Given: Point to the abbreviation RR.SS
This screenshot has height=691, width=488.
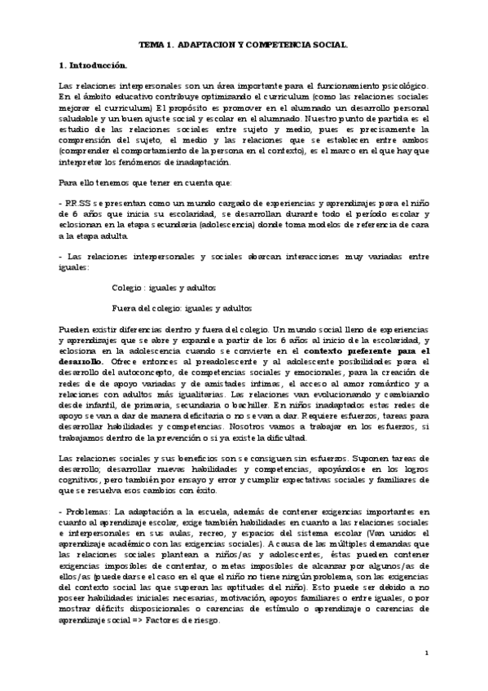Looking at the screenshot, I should pyautogui.click(x=80, y=200).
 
